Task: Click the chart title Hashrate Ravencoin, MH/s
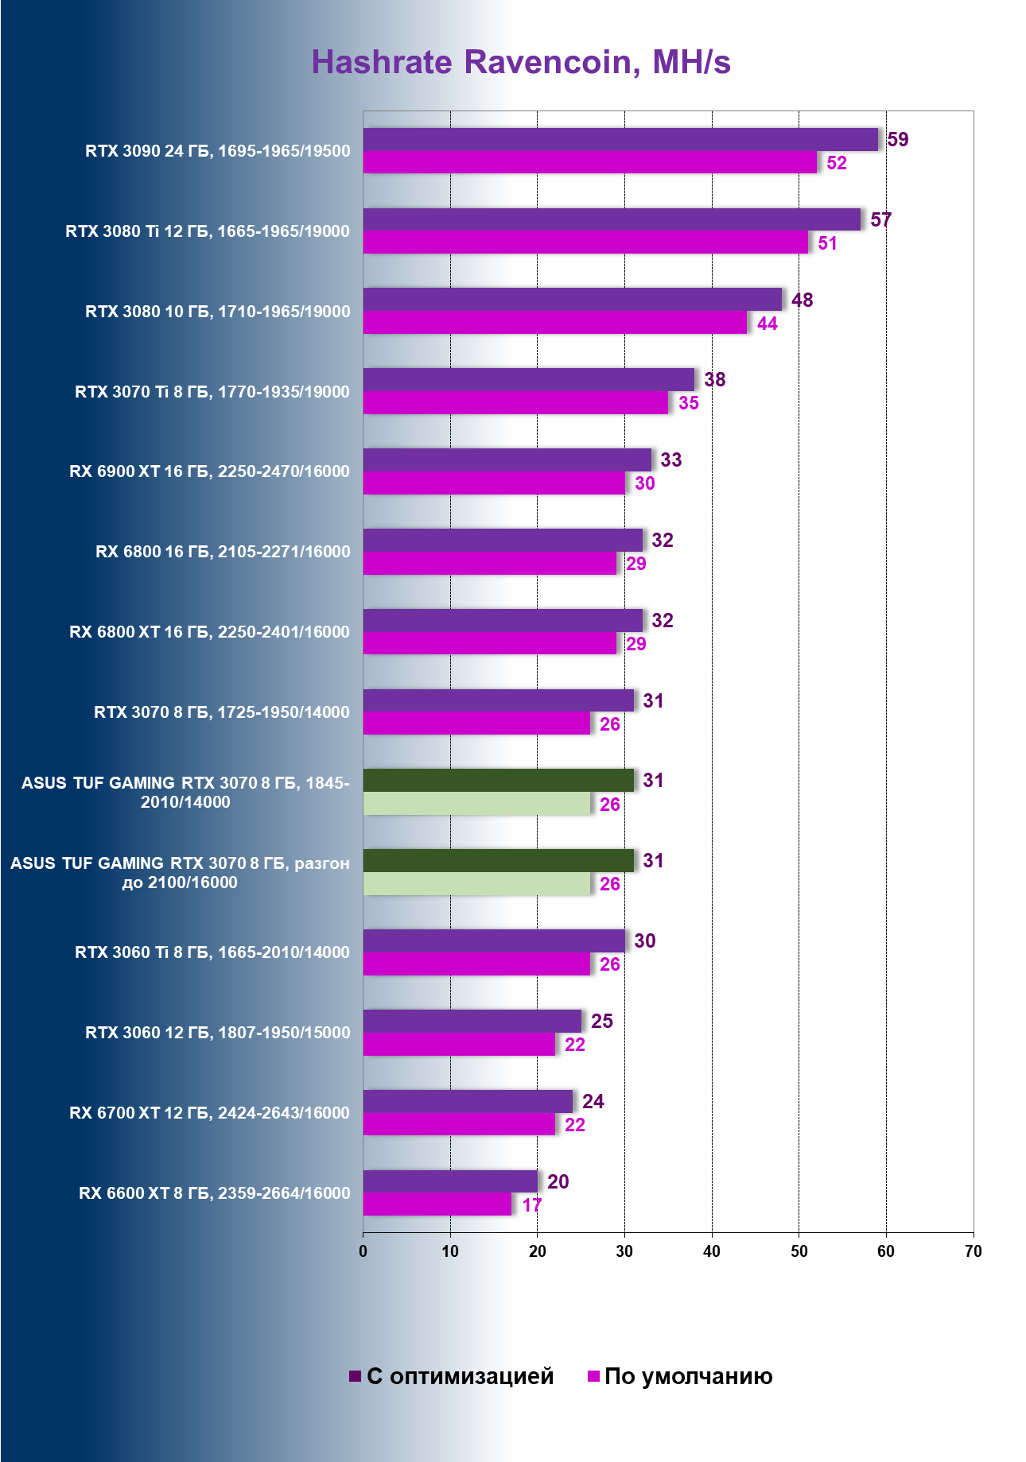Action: click(521, 62)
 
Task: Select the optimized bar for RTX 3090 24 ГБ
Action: click(620, 139)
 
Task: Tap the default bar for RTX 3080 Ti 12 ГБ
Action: click(585, 242)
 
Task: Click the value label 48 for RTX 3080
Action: click(802, 300)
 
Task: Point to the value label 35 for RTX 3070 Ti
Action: click(689, 403)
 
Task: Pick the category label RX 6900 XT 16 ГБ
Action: click(209, 471)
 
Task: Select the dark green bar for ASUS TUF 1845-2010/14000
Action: click(499, 780)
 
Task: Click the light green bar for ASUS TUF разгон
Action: click(477, 884)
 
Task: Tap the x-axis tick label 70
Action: click(973, 1251)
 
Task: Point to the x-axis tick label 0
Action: click(363, 1251)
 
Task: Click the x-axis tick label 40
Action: click(712, 1251)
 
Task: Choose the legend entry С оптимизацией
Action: click(452, 1376)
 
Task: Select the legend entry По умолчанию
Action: click(681, 1376)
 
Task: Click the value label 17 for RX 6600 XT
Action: click(532, 1205)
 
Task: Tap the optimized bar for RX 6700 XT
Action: click(468, 1101)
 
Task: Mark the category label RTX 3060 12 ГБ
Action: click(217, 1033)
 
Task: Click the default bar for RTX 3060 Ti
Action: click(477, 964)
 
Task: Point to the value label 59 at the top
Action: click(898, 140)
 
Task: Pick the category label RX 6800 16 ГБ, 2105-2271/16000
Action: click(223, 552)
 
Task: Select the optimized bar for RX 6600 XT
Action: click(450, 1181)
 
